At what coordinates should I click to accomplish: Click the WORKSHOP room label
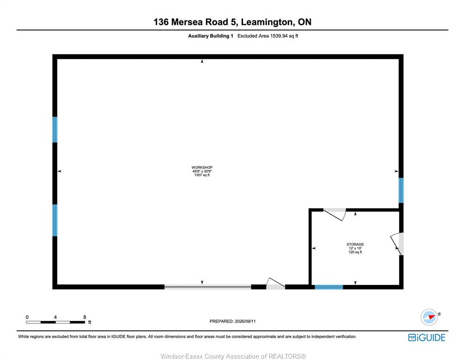(202, 167)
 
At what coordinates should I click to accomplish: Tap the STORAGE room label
(355, 244)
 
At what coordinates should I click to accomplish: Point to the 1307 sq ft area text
(202, 175)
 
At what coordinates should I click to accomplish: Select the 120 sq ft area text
(355, 252)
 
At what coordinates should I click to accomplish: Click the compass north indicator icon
(429, 317)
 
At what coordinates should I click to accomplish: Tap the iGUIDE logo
(427, 337)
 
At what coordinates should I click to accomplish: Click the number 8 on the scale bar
(84, 317)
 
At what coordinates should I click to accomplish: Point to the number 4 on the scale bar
(55, 317)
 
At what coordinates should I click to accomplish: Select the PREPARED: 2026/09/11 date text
(232, 321)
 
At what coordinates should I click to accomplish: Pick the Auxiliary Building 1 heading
(211, 36)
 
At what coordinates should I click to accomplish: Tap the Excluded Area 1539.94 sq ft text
(268, 36)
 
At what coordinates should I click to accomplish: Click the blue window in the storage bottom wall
(329, 287)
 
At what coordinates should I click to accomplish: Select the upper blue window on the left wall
(55, 130)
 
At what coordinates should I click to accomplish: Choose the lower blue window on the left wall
(55, 220)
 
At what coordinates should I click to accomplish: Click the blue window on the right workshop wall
(401, 190)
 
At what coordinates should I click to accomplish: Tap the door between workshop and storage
(334, 214)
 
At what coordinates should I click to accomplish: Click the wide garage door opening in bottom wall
(207, 287)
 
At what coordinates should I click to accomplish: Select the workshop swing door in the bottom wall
(276, 284)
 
